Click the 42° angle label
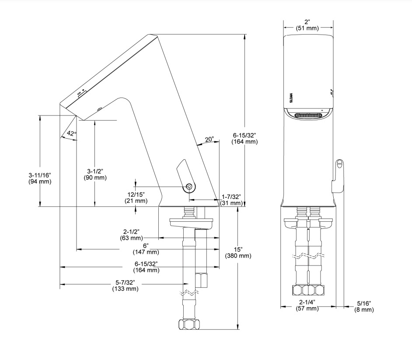[x=71, y=133]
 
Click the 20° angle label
[x=209, y=139]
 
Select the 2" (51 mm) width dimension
[x=307, y=25]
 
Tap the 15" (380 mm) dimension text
[x=238, y=252]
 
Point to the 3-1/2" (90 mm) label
[x=95, y=174]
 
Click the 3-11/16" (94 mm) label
[x=40, y=178]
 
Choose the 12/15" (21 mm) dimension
[x=136, y=198]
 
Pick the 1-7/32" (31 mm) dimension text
[x=231, y=200]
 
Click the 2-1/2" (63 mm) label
[x=131, y=235]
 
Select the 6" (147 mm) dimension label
[x=146, y=249]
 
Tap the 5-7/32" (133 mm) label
[x=126, y=286]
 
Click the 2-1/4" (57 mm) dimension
[x=307, y=305]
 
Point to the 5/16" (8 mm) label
[x=364, y=306]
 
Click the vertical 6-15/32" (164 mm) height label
[x=244, y=139]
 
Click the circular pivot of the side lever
[x=189, y=187]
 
